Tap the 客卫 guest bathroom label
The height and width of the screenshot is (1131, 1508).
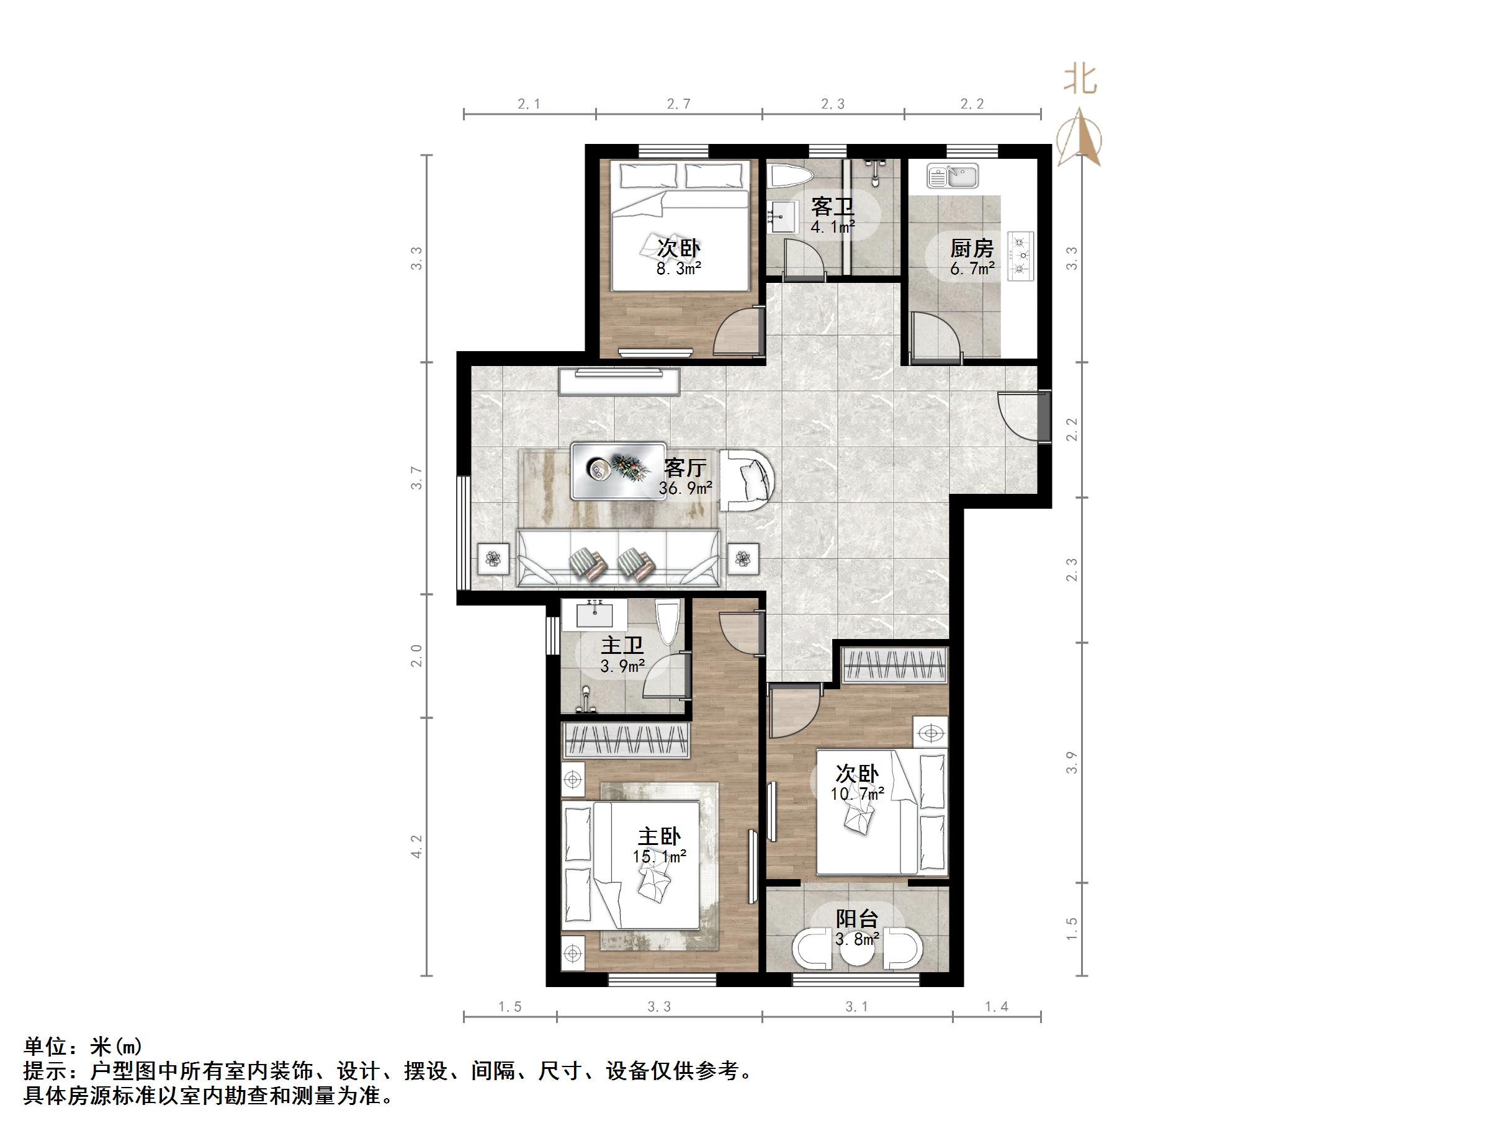(x=832, y=207)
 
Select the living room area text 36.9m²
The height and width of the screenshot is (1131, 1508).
(x=685, y=488)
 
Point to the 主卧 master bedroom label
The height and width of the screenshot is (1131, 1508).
(x=659, y=836)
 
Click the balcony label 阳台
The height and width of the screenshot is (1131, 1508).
(x=857, y=919)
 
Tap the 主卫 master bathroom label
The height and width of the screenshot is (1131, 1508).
(x=622, y=645)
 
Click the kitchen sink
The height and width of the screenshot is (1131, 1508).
(x=953, y=176)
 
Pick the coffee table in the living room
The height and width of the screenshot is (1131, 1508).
(x=618, y=470)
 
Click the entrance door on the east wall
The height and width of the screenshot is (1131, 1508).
(x=1023, y=416)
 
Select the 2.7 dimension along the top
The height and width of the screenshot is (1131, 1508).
(x=678, y=104)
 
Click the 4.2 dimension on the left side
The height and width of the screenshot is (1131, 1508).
(x=417, y=847)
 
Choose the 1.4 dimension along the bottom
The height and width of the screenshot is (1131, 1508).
(x=996, y=1006)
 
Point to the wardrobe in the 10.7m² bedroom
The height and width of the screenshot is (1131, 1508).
(x=894, y=664)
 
